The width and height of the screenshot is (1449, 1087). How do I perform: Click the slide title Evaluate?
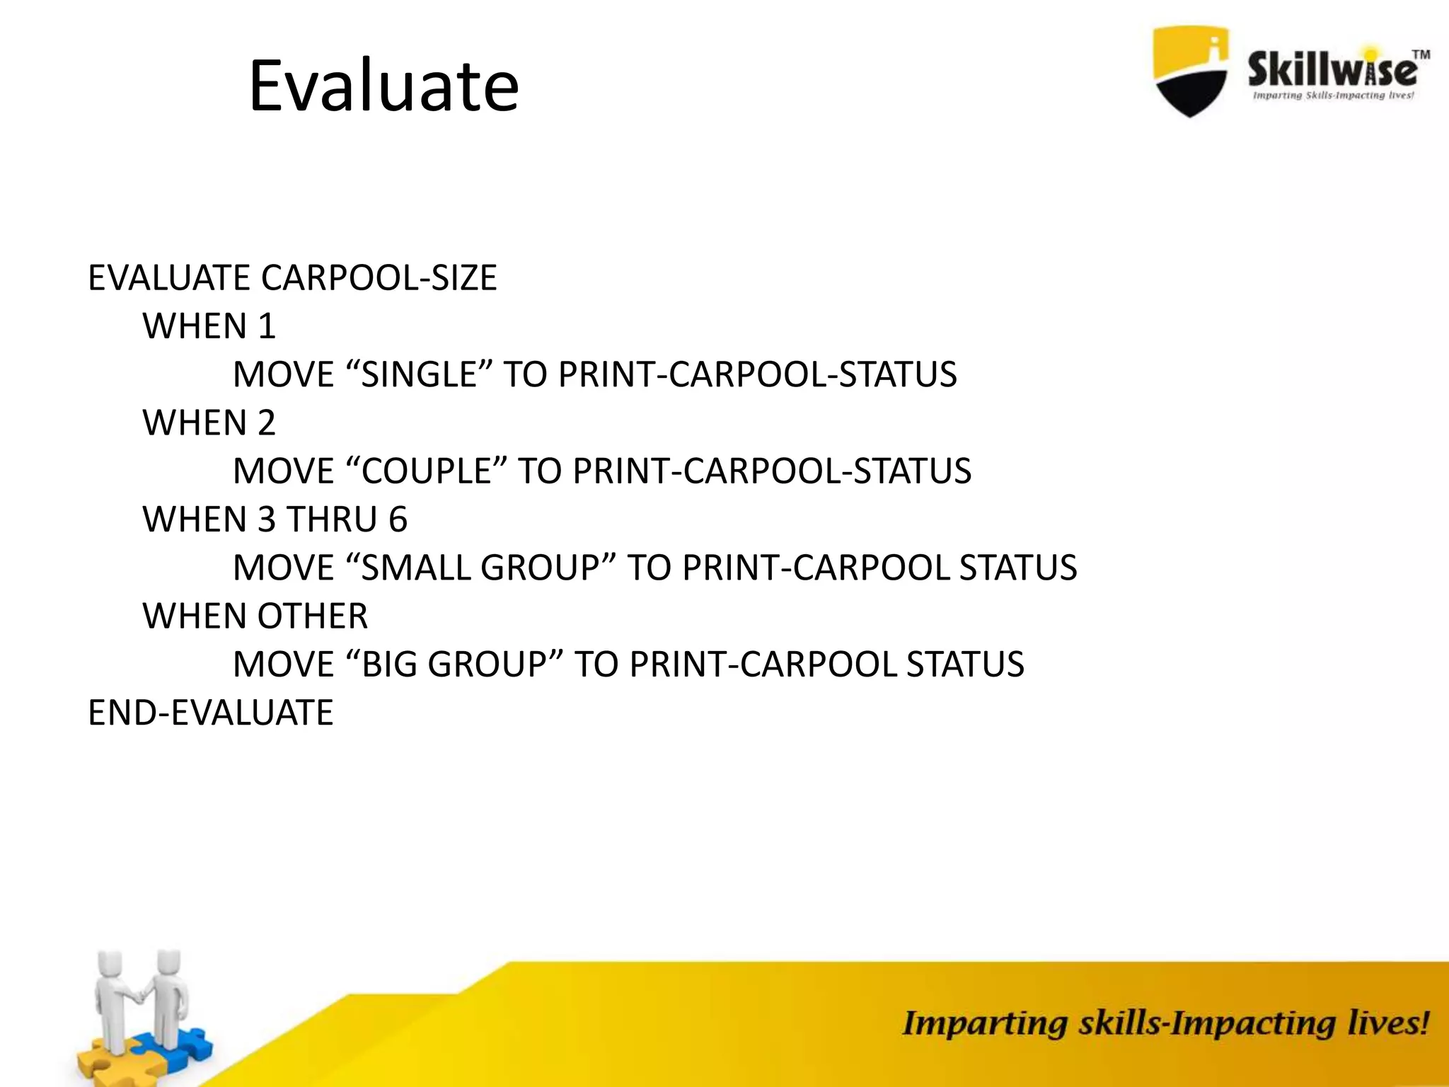[x=383, y=86]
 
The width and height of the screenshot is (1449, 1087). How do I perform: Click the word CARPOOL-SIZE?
[x=379, y=277]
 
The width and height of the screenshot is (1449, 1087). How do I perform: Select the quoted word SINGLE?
[x=420, y=374]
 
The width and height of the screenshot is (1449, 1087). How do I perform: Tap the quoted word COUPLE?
[x=427, y=471]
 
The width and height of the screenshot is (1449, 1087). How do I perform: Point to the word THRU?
[x=332, y=519]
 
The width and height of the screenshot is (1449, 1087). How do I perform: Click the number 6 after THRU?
[x=398, y=519]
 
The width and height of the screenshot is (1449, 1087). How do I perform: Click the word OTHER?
[x=313, y=616]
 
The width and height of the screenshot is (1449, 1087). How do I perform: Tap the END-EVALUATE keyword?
[x=210, y=713]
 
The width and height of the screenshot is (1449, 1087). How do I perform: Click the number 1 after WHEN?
[x=267, y=326]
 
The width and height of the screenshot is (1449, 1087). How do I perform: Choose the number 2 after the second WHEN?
[x=266, y=423]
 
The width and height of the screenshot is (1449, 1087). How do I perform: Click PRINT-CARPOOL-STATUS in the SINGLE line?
[x=756, y=374]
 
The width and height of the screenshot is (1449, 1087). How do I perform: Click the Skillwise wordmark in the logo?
[x=1332, y=71]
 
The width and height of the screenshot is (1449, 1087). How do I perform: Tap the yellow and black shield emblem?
[x=1190, y=71]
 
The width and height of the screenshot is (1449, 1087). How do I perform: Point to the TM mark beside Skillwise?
[x=1420, y=54]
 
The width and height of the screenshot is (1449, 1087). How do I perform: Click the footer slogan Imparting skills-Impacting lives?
[x=1165, y=1023]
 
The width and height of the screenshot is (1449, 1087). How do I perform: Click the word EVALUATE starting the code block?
[x=169, y=277]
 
